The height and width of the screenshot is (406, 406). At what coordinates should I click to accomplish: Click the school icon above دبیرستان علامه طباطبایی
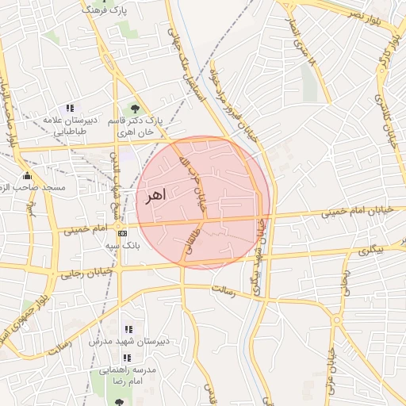70,108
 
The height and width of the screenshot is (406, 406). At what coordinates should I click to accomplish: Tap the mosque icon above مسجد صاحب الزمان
28,175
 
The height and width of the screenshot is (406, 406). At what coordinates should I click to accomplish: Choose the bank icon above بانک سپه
122,233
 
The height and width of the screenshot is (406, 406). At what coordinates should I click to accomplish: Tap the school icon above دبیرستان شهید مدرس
128,329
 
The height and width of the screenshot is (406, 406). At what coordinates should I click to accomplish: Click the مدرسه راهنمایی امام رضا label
127,375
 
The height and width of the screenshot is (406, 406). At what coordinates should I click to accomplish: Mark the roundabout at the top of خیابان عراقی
337,320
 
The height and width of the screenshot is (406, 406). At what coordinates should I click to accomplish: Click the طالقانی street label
190,239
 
